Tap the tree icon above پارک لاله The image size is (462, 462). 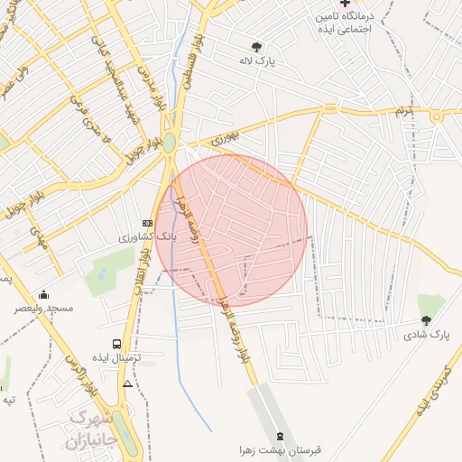[x=256, y=47]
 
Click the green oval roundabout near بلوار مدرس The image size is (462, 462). [x=169, y=143]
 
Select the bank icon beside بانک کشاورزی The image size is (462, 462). [x=147, y=223]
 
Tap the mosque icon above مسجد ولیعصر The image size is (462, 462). [x=43, y=294]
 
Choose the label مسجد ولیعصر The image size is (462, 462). [x=43, y=309]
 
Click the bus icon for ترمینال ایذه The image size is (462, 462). [x=116, y=344]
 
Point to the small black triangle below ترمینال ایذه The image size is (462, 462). [x=127, y=383]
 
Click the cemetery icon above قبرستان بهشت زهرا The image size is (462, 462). [x=279, y=436]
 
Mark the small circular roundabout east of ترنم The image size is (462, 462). [x=438, y=116]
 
